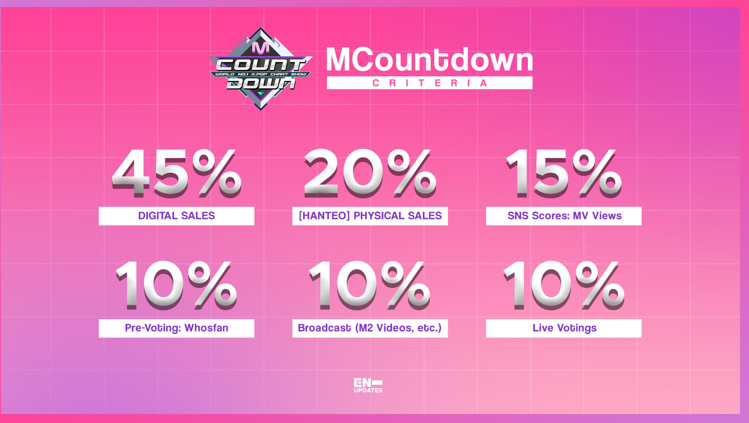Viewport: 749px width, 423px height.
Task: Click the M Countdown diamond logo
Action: (260, 69)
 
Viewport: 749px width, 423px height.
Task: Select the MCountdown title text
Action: (430, 60)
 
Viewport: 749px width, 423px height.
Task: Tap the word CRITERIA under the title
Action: (430, 83)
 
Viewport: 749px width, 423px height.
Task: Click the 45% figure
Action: (177, 173)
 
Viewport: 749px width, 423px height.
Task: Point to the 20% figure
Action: (370, 173)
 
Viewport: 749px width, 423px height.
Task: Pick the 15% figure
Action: (564, 173)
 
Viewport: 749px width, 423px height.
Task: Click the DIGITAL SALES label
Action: (177, 216)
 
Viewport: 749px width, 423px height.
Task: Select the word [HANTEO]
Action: (324, 216)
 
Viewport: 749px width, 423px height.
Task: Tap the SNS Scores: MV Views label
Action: (565, 216)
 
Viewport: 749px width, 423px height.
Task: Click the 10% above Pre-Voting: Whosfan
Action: (176, 286)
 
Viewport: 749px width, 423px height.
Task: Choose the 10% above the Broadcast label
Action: (370, 286)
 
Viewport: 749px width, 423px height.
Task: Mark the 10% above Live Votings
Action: (564, 286)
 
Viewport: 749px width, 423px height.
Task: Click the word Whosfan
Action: (206, 328)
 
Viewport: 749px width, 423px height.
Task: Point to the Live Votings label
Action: (565, 328)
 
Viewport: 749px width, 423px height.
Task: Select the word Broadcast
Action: (324, 328)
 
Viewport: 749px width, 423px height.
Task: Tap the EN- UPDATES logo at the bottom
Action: (368, 385)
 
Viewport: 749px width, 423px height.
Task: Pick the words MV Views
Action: (597, 216)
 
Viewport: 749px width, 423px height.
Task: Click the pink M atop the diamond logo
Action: (260, 47)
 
